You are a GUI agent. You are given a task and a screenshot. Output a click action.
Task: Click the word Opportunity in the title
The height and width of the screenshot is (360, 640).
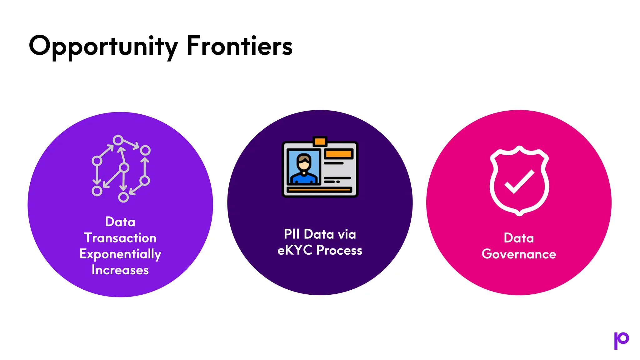pos(103,46)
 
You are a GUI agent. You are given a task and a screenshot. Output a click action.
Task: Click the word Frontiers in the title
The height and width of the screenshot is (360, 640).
pos(239,46)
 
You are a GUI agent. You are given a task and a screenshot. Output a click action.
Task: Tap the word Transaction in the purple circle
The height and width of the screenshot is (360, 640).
pos(120,238)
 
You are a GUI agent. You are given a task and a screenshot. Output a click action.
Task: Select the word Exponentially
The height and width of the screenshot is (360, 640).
pos(120,254)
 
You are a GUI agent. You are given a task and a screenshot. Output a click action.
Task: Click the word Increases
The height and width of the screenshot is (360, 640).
pos(120,270)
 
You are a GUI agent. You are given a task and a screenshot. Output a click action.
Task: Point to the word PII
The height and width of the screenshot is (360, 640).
pos(292,234)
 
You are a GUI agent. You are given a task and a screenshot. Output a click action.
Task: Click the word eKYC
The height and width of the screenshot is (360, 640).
pos(295,250)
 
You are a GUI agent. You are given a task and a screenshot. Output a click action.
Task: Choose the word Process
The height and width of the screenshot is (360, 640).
pos(339,250)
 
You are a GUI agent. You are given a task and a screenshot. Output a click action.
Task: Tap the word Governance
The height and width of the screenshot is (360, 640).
pos(519,254)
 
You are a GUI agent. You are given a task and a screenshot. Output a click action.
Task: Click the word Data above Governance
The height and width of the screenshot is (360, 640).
pos(519,238)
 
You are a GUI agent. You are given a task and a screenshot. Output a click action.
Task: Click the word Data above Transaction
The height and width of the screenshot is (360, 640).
pos(120,222)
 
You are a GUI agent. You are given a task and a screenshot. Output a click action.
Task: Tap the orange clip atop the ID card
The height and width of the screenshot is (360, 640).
pos(320,142)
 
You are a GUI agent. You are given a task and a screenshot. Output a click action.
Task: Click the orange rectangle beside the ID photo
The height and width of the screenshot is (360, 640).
pos(339,154)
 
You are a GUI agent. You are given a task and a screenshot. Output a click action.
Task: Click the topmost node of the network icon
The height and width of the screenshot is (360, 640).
pos(118,140)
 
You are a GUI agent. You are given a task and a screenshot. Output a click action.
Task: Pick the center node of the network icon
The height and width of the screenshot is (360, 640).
pos(124,168)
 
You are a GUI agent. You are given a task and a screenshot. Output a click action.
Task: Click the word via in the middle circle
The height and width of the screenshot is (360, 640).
pos(347,234)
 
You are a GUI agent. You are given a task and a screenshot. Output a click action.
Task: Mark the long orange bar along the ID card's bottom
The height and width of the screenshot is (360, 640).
pos(319,190)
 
